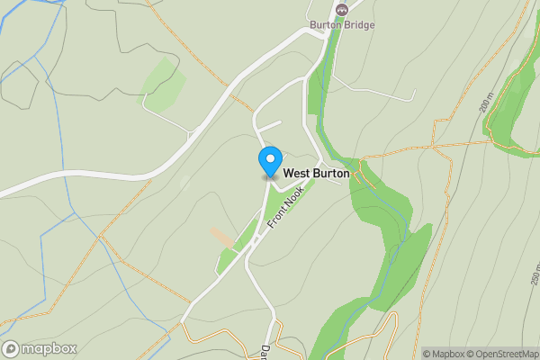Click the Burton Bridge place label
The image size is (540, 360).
point(341,25)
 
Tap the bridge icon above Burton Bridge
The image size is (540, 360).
point(341,9)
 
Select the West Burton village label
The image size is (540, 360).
point(317,173)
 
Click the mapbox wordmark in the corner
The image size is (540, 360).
point(49,348)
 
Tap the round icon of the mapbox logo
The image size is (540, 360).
point(11,348)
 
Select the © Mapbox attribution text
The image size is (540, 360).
point(443,354)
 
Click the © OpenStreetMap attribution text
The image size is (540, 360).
point(502,354)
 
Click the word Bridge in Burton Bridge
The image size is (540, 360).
point(358,25)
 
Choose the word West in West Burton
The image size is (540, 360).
point(298,173)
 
